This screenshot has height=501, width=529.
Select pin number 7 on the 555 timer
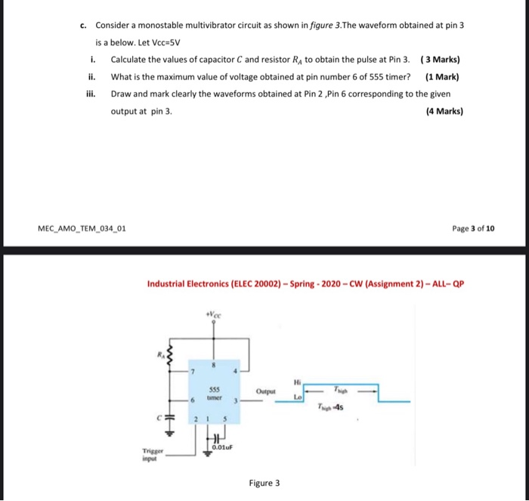(194, 371)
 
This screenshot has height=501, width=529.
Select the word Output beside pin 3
(266, 391)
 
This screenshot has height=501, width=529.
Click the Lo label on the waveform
(299, 396)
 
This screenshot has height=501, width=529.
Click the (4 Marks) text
(444, 111)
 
